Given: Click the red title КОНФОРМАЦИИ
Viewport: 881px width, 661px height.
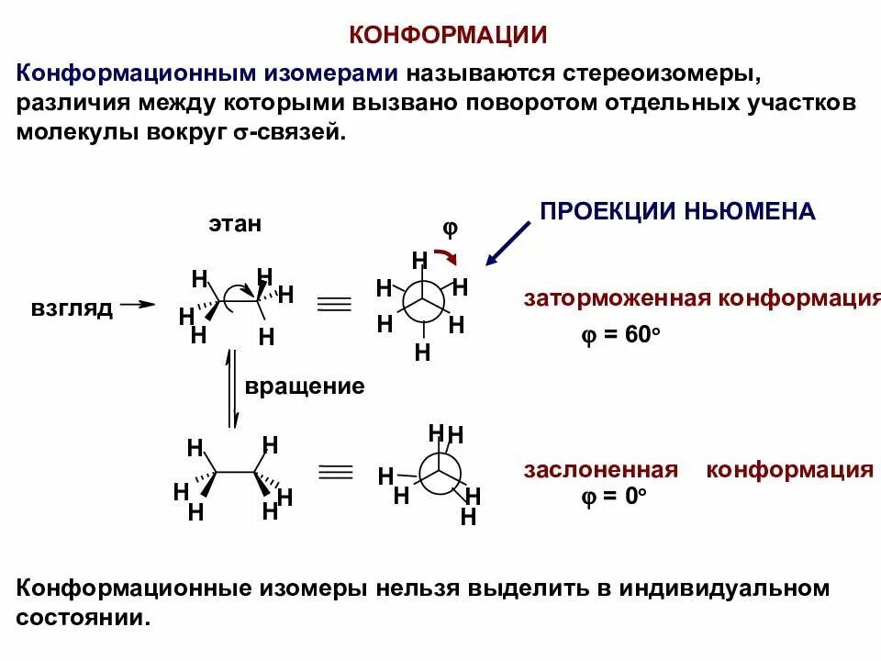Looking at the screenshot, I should pyautogui.click(x=448, y=36).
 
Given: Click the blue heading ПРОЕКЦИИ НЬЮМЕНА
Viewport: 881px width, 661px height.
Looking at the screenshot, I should pyautogui.click(x=677, y=211).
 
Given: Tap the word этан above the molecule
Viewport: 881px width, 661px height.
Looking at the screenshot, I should pyautogui.click(x=234, y=223).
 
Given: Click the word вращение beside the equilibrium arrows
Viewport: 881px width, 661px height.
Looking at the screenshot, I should pyautogui.click(x=305, y=386).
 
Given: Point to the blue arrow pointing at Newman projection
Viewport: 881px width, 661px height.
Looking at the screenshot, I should pyautogui.click(x=507, y=243).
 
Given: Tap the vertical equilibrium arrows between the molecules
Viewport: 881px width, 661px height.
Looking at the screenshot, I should pyautogui.click(x=233, y=387).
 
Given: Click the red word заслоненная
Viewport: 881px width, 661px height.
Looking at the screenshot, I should pyautogui.click(x=600, y=470).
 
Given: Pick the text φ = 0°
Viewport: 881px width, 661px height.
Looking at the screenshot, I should pyautogui.click(x=613, y=496).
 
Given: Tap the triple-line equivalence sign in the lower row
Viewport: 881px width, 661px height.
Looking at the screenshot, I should pyautogui.click(x=335, y=472).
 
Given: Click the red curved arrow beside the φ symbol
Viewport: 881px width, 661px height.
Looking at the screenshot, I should pyautogui.click(x=447, y=255).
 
